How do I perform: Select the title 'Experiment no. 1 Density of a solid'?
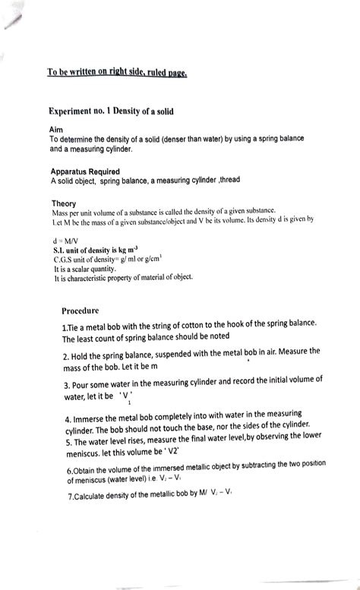pos(112,112)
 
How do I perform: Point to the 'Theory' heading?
pos(65,204)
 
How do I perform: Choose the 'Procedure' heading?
pos(81,310)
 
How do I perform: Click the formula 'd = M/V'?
pos(65,238)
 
